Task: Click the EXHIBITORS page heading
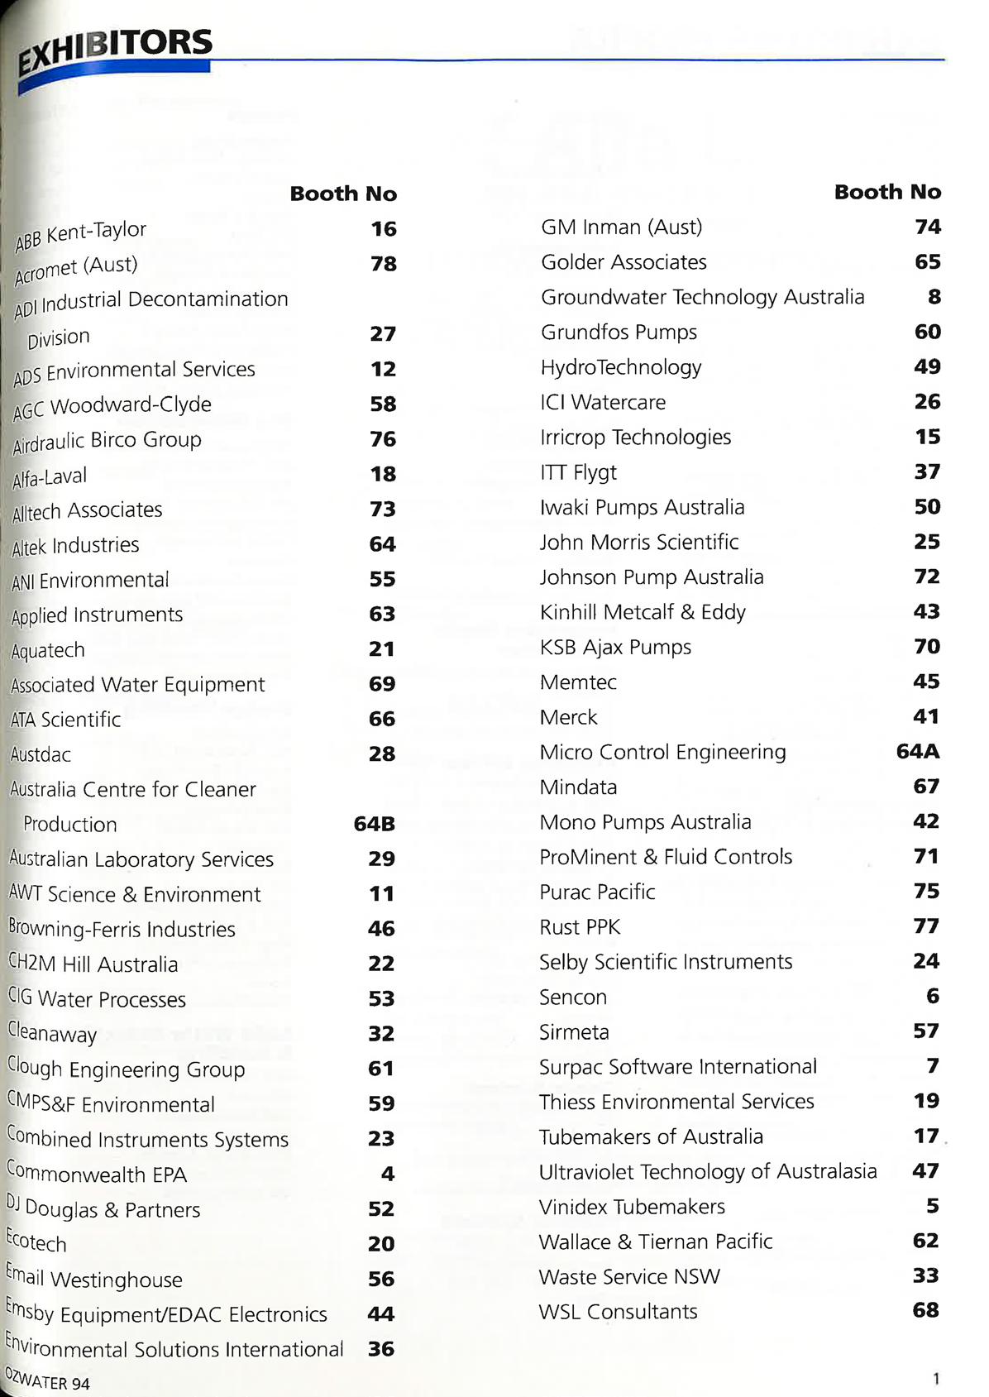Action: [x=116, y=49]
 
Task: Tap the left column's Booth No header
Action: [x=343, y=194]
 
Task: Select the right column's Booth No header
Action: [x=887, y=192]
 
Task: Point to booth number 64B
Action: [x=374, y=824]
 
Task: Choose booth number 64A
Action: [x=918, y=751]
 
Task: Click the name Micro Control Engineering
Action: [x=662, y=752]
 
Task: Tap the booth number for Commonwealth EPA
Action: [x=387, y=1174]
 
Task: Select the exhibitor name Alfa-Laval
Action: [x=50, y=477]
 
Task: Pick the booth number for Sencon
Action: [x=932, y=996]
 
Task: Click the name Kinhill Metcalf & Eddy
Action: [x=643, y=612]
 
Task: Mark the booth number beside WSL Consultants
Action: [x=925, y=1310]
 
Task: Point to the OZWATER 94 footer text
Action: [x=48, y=1380]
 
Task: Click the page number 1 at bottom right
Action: [x=936, y=1378]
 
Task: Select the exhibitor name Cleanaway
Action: [x=52, y=1032]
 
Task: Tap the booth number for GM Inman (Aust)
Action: [x=928, y=227]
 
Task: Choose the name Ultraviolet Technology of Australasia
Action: [x=708, y=1171]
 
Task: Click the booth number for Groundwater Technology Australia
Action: [x=934, y=296]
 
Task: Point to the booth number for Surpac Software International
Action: [x=933, y=1065]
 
